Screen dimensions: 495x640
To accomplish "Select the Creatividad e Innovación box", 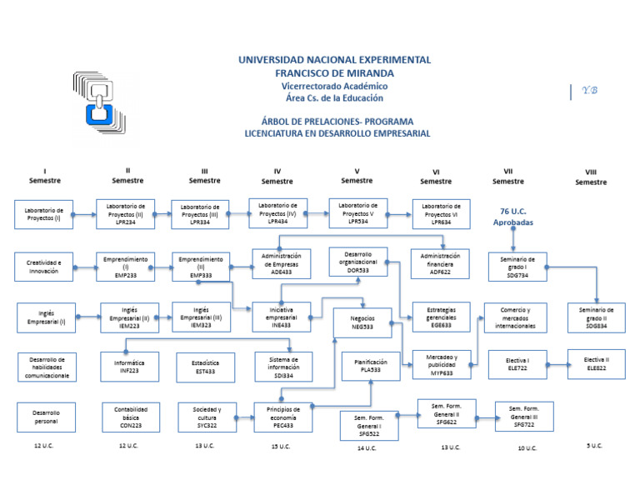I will click(43, 266).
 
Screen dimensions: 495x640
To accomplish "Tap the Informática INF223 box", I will click(128, 367).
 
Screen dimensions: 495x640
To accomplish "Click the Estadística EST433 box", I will click(205, 367).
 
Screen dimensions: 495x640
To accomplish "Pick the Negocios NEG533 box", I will click(362, 322).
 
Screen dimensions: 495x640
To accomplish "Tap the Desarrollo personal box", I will click(46, 417).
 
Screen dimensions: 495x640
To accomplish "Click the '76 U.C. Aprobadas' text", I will click(513, 217).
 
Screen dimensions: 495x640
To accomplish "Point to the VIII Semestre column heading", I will click(590, 177).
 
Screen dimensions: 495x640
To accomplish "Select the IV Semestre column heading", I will click(277, 176).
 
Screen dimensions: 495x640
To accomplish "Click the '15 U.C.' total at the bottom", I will click(280, 447).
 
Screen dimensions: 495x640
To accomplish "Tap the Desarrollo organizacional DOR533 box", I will click(357, 261).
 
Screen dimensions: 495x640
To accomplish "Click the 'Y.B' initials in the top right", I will click(589, 91).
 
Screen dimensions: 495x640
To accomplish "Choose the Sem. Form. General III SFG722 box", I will click(523, 417).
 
